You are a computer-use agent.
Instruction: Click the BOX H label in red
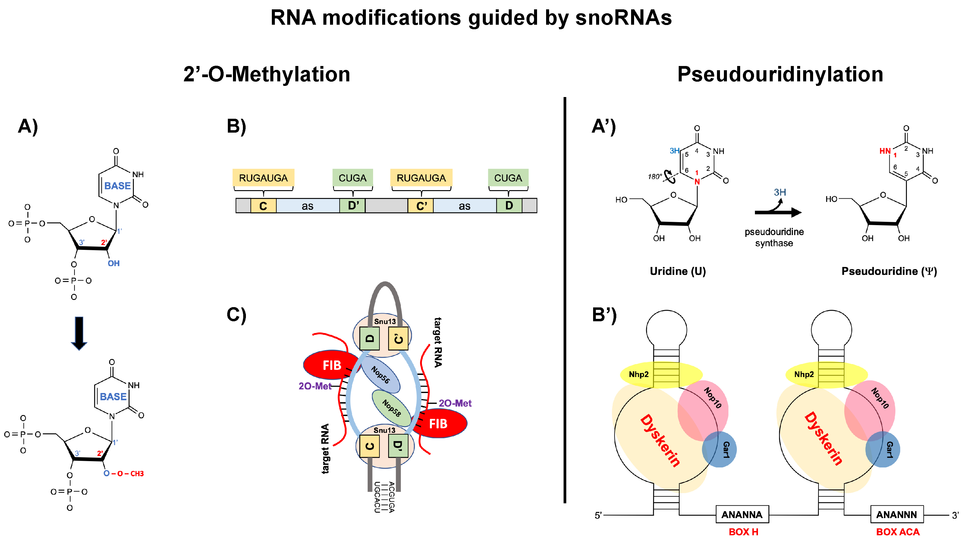coord(743,532)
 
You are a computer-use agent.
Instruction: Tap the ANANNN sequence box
coord(897,514)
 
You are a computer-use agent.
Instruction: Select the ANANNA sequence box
coord(742,514)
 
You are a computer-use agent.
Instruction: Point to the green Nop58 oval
coord(391,408)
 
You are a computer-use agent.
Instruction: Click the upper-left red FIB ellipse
coord(330,365)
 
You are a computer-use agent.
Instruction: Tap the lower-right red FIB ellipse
coord(440,424)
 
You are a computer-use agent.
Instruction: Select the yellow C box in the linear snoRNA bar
coord(263,206)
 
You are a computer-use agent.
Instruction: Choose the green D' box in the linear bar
coord(353,206)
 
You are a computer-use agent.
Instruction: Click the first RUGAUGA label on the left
coord(263,178)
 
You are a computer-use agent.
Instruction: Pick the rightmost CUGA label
coord(508,178)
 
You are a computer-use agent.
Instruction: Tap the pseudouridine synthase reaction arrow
coord(777,212)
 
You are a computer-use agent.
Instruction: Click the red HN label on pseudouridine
coord(885,151)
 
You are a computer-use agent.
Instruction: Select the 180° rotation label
coord(655,177)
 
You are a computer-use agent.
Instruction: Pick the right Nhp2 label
coord(804,374)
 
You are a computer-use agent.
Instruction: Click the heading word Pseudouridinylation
coord(780,74)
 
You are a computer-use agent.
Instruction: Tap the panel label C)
coord(236,315)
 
